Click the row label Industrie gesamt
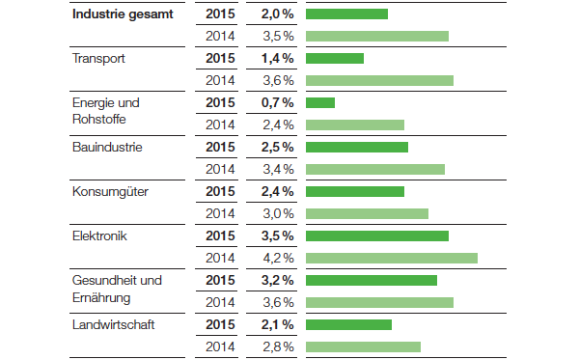coord(124,14)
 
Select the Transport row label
coord(99,59)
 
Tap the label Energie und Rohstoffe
coord(106,111)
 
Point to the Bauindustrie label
coord(107,148)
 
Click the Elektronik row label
coord(100,235)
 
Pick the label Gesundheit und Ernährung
coord(117,289)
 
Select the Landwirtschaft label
coord(114,324)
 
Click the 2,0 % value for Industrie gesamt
coord(277,14)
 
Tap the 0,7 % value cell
coord(277,103)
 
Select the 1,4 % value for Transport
coord(277,59)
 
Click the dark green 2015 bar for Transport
coord(334,59)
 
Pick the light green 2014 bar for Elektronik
coord(391,258)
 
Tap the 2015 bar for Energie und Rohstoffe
coord(319,103)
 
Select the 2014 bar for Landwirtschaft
coord(363,346)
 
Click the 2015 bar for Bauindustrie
coord(356,148)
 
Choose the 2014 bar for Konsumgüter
coord(367,213)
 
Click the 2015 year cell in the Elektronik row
coord(220,235)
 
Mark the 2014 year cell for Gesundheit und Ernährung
coord(221,302)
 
